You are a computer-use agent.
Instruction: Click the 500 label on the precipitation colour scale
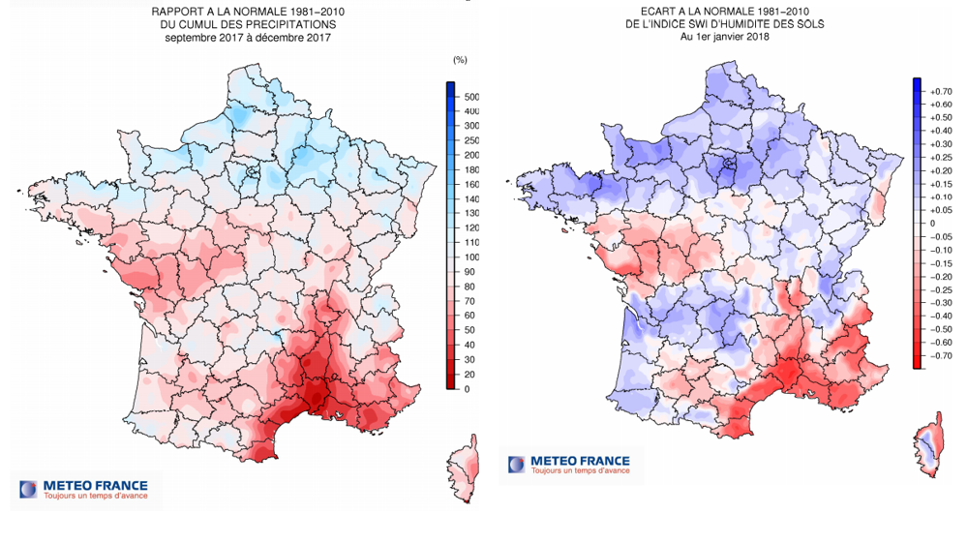click(x=473, y=98)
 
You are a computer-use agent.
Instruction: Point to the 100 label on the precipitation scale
click(x=473, y=257)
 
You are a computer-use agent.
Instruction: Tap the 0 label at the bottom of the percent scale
click(x=468, y=389)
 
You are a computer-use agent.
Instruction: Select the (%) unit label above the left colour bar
click(x=460, y=60)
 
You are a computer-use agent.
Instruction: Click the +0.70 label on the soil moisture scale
click(x=939, y=90)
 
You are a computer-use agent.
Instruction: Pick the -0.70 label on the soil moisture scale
click(x=939, y=355)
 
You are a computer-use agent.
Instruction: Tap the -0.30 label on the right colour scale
click(x=939, y=302)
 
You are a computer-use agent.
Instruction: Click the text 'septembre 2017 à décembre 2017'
click(x=248, y=38)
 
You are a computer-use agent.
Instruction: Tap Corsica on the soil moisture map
click(x=930, y=446)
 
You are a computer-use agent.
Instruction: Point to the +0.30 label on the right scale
click(x=939, y=143)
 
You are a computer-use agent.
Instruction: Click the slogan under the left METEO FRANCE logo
click(x=95, y=497)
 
